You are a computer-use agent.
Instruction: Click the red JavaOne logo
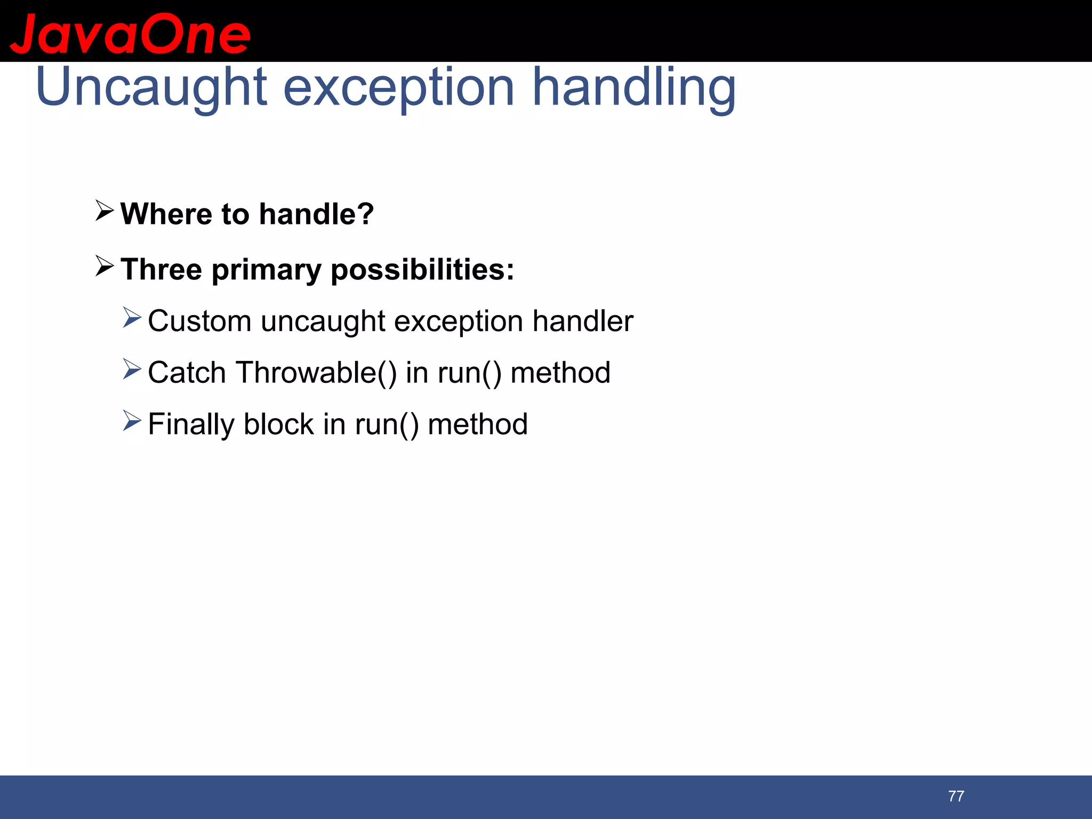[130, 34]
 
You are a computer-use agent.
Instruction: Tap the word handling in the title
[634, 88]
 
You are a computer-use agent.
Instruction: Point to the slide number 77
[956, 796]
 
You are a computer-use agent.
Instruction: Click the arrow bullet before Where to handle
[105, 211]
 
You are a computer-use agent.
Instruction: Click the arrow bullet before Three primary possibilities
[105, 266]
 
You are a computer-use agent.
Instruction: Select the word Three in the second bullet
[161, 269]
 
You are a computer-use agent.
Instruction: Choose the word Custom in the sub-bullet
[199, 322]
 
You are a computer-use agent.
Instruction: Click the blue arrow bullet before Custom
[132, 318]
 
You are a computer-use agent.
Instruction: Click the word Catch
[187, 373]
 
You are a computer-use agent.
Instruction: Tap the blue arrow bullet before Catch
[132, 370]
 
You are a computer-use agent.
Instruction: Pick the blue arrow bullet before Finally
[132, 421]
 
